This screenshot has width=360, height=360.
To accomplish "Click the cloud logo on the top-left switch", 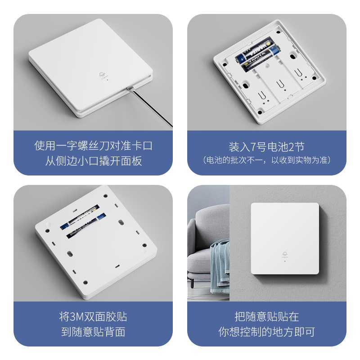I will [103, 75].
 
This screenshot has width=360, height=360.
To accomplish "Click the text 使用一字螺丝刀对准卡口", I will [93, 145].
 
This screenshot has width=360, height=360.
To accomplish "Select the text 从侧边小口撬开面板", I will [93, 161].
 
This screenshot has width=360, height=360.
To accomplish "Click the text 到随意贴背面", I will [93, 332].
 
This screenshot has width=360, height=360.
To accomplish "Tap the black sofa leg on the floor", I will [192, 285].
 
